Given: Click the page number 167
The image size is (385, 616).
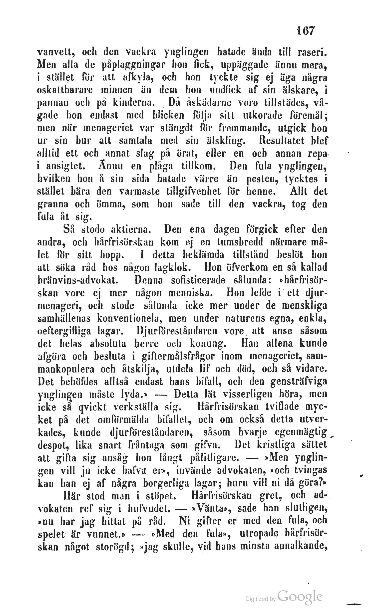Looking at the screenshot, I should tap(306, 31).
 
